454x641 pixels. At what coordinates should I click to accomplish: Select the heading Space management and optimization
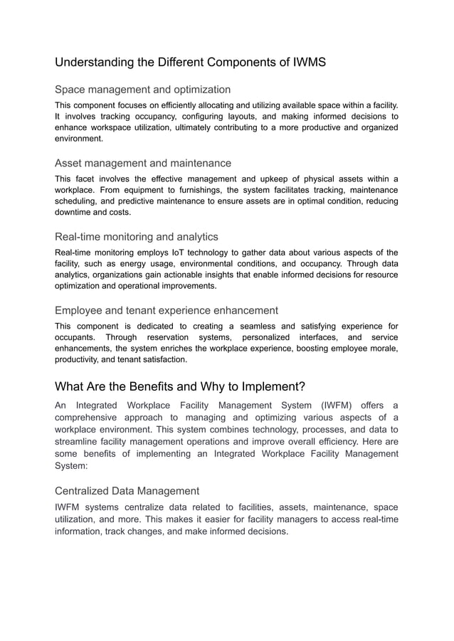(142, 90)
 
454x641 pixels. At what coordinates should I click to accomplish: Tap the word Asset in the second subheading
(70, 164)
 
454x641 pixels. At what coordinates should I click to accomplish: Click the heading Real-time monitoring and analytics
(137, 237)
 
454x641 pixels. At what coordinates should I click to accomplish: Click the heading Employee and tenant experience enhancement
(167, 310)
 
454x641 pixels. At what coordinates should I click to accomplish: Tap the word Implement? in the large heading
(272, 387)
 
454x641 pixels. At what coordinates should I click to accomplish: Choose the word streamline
(81, 442)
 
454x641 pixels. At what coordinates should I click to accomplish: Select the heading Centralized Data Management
(127, 491)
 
